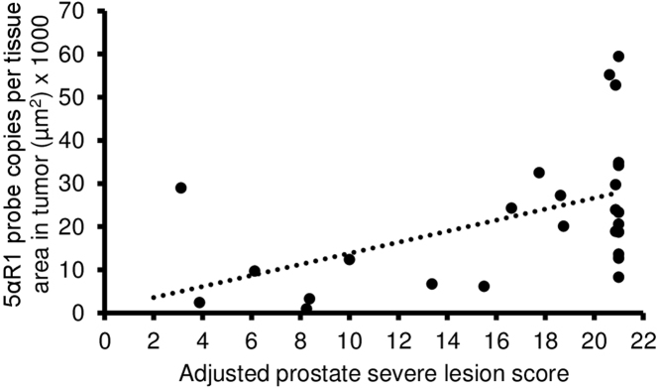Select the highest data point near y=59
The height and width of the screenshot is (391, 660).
click(x=618, y=57)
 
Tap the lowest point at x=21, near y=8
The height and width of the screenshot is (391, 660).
click(x=618, y=277)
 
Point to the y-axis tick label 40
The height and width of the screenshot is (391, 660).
click(x=81, y=140)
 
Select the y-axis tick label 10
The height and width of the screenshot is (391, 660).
click(x=81, y=270)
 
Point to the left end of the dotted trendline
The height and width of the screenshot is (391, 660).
click(x=153, y=297)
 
